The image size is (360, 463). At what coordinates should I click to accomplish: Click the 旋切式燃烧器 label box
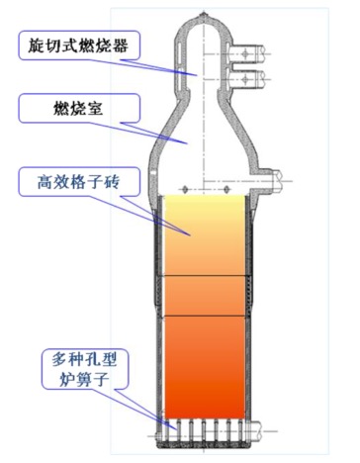pos(79,46)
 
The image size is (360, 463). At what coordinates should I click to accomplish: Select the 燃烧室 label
pos(79,109)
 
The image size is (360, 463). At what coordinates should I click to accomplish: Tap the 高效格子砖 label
pos(79,182)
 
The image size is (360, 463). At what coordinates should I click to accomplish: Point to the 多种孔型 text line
pos(84,360)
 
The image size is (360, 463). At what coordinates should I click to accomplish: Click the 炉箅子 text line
pos(84,379)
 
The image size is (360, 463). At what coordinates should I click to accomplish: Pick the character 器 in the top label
pos(120,46)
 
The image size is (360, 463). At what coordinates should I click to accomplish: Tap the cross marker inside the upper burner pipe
pos(244,53)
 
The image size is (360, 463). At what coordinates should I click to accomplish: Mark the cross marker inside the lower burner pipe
pos(244,79)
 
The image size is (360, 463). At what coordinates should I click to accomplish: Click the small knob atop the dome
pos(204,15)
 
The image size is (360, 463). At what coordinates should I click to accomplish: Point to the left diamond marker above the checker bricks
pos(185,189)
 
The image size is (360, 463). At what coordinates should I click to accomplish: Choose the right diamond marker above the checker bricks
pos(226,189)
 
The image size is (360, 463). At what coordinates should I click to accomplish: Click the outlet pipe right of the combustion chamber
pos(269,181)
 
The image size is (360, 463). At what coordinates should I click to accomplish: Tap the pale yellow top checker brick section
pos(205,235)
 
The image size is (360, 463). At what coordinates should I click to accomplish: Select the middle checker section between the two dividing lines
pos(205,296)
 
